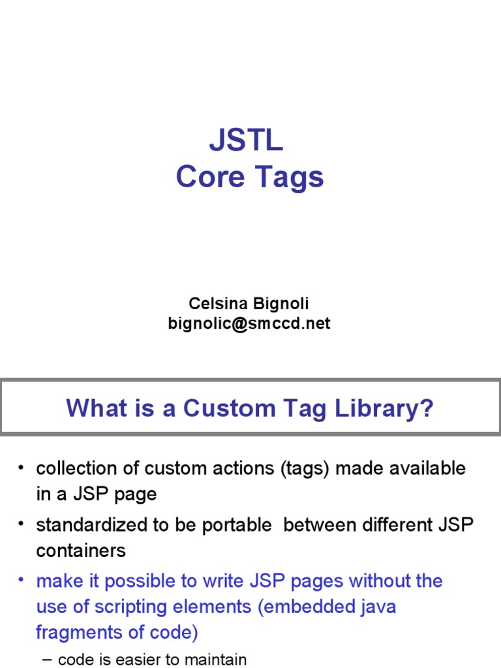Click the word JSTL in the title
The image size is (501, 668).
246,141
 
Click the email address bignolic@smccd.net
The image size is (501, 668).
249,324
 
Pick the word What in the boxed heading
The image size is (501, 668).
95,409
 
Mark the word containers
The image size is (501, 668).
81,551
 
